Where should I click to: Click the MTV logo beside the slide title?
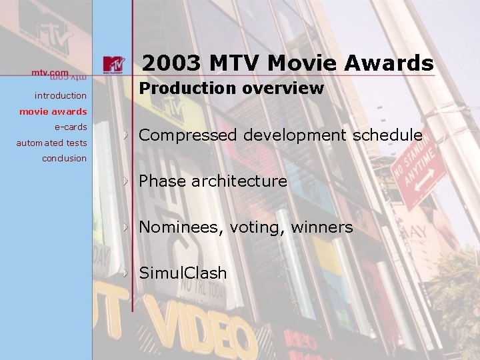pyautogui.click(x=113, y=64)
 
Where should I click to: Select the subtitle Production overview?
pyautogui.click(x=231, y=88)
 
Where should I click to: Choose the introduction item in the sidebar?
pyautogui.click(x=61, y=96)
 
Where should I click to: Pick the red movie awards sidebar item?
pyautogui.click(x=53, y=111)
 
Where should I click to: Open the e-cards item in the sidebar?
pyautogui.click(x=71, y=127)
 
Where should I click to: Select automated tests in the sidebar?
pyautogui.click(x=51, y=143)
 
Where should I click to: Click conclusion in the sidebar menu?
pyautogui.click(x=64, y=158)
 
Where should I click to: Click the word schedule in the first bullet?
pyautogui.click(x=387, y=135)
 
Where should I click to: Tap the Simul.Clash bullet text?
pyautogui.click(x=183, y=273)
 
